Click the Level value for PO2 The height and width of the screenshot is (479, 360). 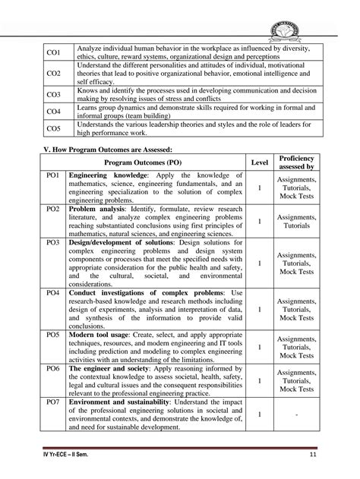pos(260,221)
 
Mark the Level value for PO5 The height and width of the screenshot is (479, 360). pos(260,347)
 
